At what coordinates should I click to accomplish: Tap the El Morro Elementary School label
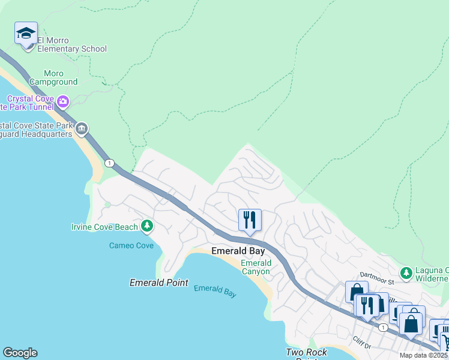[71, 45]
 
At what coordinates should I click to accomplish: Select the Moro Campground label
[53, 77]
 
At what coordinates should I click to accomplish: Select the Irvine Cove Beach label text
[104, 227]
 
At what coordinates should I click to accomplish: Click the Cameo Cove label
[131, 245]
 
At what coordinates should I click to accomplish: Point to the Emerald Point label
[159, 283]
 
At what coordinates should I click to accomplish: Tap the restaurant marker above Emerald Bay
[249, 220]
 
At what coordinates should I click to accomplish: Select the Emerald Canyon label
[256, 268]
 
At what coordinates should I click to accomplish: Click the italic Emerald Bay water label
[215, 291]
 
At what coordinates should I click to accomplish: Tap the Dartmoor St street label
[377, 280]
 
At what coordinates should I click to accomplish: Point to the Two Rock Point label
[306, 353]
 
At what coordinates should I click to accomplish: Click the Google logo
[20, 353]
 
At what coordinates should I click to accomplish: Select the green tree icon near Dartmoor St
[406, 274]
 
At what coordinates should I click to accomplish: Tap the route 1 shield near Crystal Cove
[109, 163]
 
